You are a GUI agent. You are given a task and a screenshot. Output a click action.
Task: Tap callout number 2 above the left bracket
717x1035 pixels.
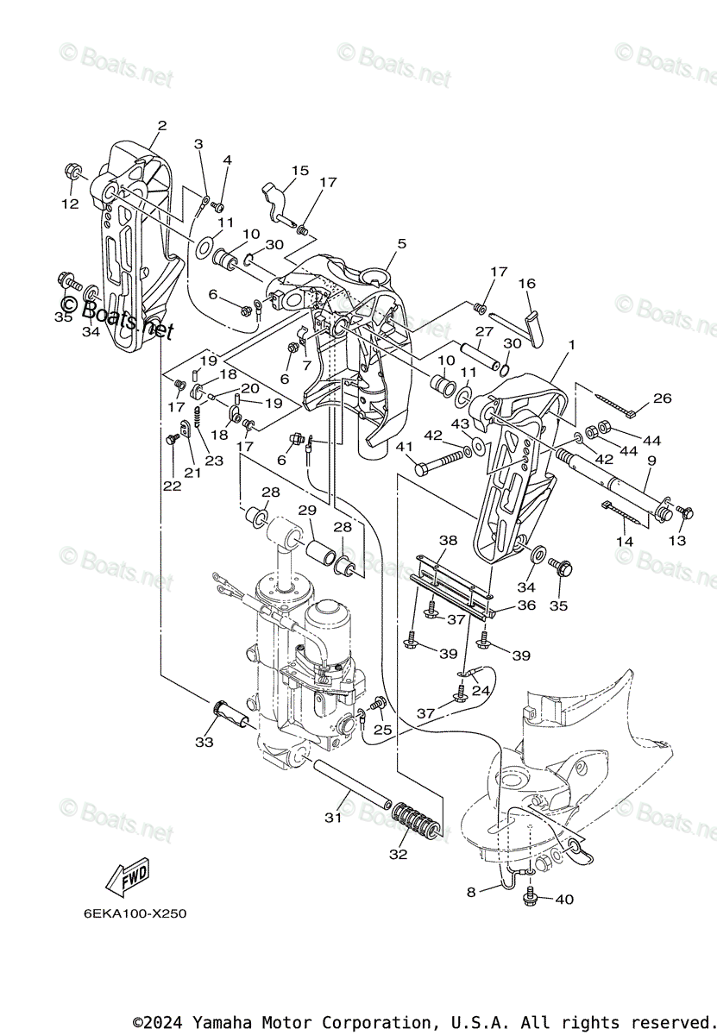[x=161, y=126]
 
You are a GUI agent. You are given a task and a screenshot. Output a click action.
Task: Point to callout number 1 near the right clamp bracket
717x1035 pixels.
[x=569, y=345]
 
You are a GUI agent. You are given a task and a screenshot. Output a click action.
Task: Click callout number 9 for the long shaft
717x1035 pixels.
[x=651, y=461]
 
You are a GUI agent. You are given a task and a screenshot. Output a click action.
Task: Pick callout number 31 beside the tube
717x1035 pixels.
[x=333, y=817]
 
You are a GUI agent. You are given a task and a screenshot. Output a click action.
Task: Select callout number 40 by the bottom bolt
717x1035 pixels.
[x=563, y=900]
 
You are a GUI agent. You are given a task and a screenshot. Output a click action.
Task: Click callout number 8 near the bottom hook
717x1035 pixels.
[x=471, y=893]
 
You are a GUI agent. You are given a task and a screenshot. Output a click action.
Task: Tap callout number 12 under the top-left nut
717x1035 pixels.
[x=69, y=204]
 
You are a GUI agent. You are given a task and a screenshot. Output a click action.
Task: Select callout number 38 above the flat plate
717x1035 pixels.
[x=447, y=541]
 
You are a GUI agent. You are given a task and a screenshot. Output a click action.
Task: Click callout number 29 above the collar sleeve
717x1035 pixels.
[x=307, y=511]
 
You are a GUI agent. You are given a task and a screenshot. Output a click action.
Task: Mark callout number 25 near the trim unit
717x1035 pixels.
[x=382, y=730]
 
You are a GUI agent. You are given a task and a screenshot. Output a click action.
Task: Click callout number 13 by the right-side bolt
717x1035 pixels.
[x=677, y=541]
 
